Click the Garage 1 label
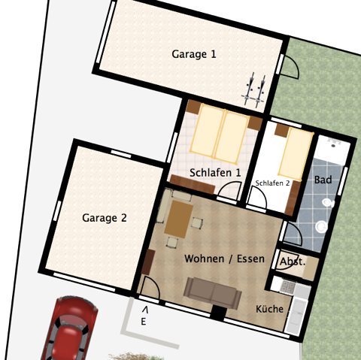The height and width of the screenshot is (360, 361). (194, 54)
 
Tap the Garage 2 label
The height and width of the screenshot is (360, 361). (105, 219)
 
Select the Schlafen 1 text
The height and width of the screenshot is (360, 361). (216, 173)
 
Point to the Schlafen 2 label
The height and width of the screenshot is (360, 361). (272, 183)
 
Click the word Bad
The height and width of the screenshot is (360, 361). (323, 180)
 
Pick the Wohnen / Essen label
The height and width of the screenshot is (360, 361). (224, 259)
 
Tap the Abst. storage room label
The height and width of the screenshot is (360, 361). (292, 262)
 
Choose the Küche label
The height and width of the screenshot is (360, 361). (269, 309)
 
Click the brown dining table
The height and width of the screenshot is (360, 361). (179, 219)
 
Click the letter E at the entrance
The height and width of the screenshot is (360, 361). (143, 321)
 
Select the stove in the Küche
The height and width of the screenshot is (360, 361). (286, 286)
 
